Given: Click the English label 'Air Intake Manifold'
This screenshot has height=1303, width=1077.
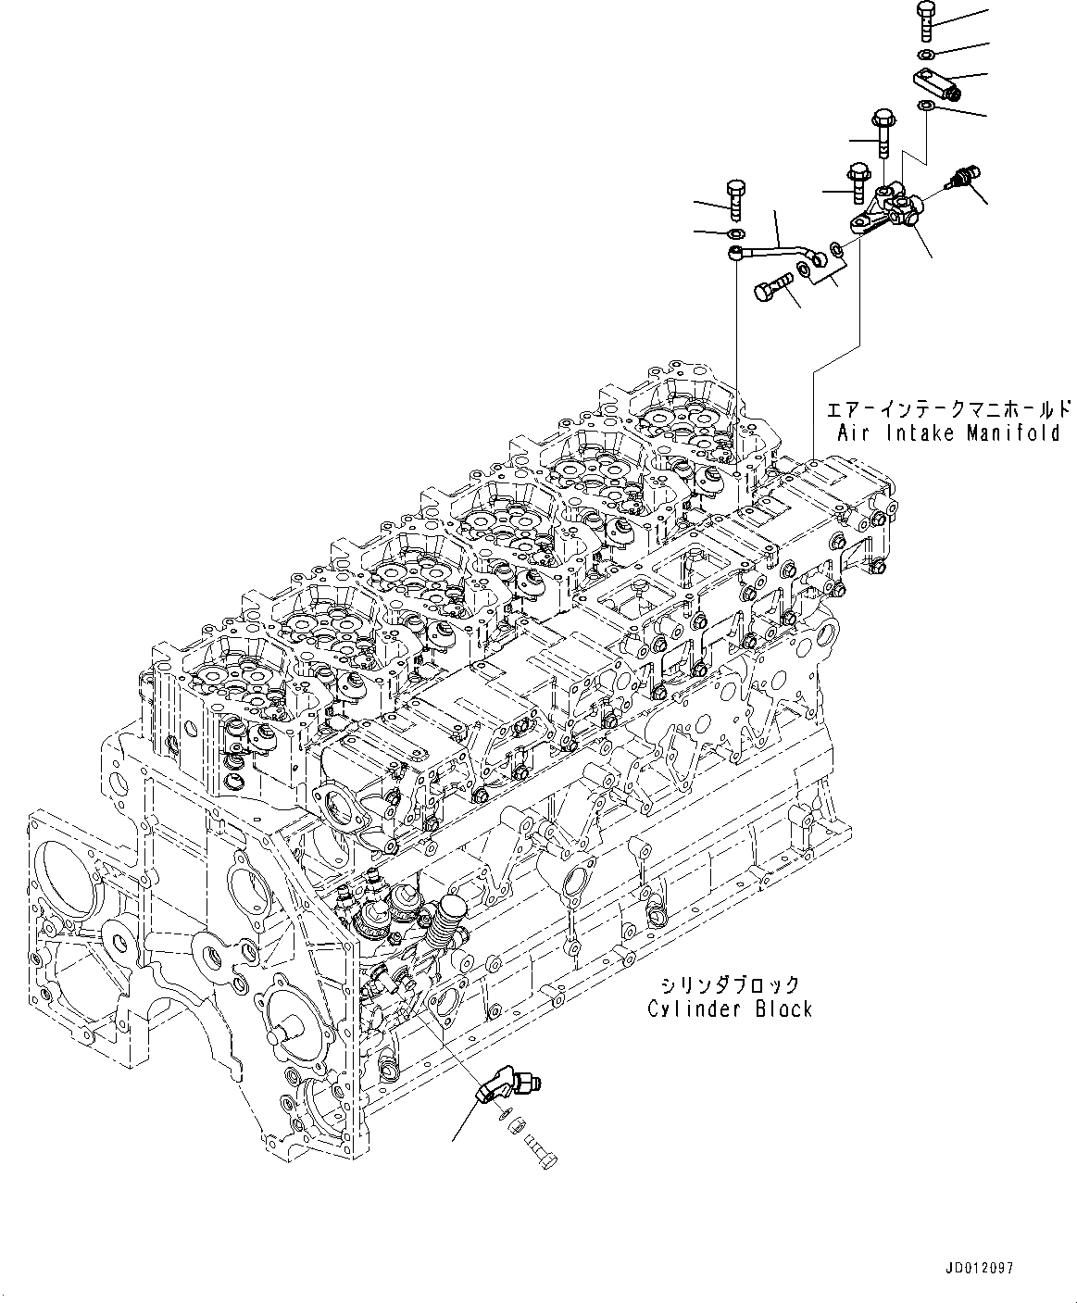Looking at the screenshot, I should tap(948, 432).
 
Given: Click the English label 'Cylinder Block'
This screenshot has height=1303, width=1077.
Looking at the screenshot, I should tap(731, 1009).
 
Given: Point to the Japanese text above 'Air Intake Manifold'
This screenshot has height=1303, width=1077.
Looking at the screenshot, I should tap(948, 408).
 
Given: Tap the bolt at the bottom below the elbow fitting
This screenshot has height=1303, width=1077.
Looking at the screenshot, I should tap(542, 1154).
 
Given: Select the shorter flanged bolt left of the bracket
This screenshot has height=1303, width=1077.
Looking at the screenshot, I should tap(858, 182).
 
